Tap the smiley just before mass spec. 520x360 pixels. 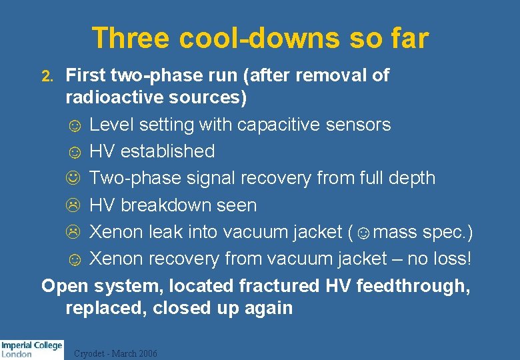point(364,233)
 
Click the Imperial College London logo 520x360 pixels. point(31,349)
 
